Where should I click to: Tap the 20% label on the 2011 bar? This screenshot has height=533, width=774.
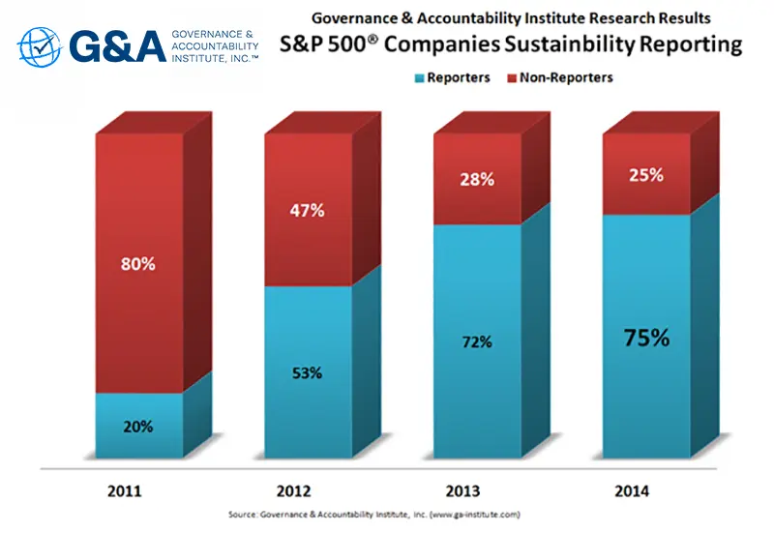click(138, 427)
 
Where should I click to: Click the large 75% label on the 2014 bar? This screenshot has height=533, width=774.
click(646, 338)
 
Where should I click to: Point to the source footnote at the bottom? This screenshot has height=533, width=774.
click(387, 515)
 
